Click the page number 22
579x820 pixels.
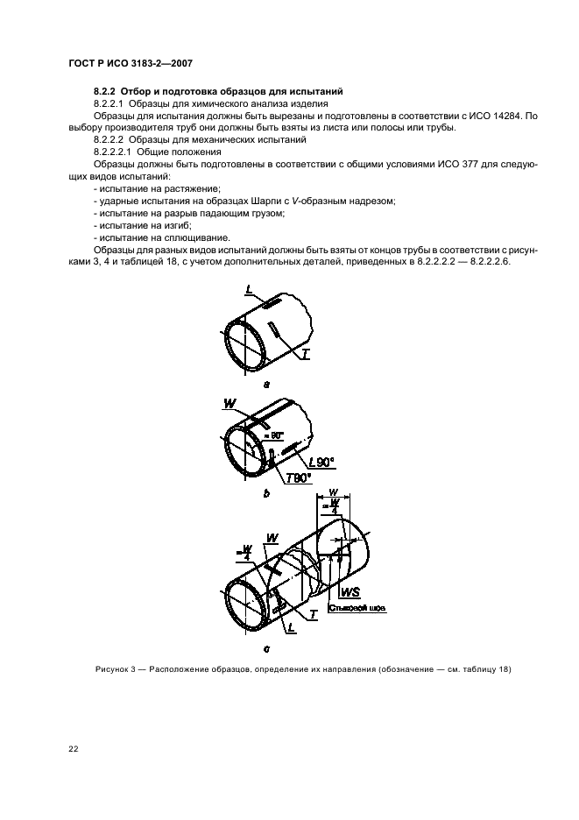tap(73, 750)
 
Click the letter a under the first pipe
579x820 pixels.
tap(265, 383)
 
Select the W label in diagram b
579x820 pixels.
tap(229, 404)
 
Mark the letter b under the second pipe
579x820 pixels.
tap(265, 494)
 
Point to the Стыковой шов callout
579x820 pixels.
tap(357, 606)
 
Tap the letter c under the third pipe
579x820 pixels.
tap(265, 649)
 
